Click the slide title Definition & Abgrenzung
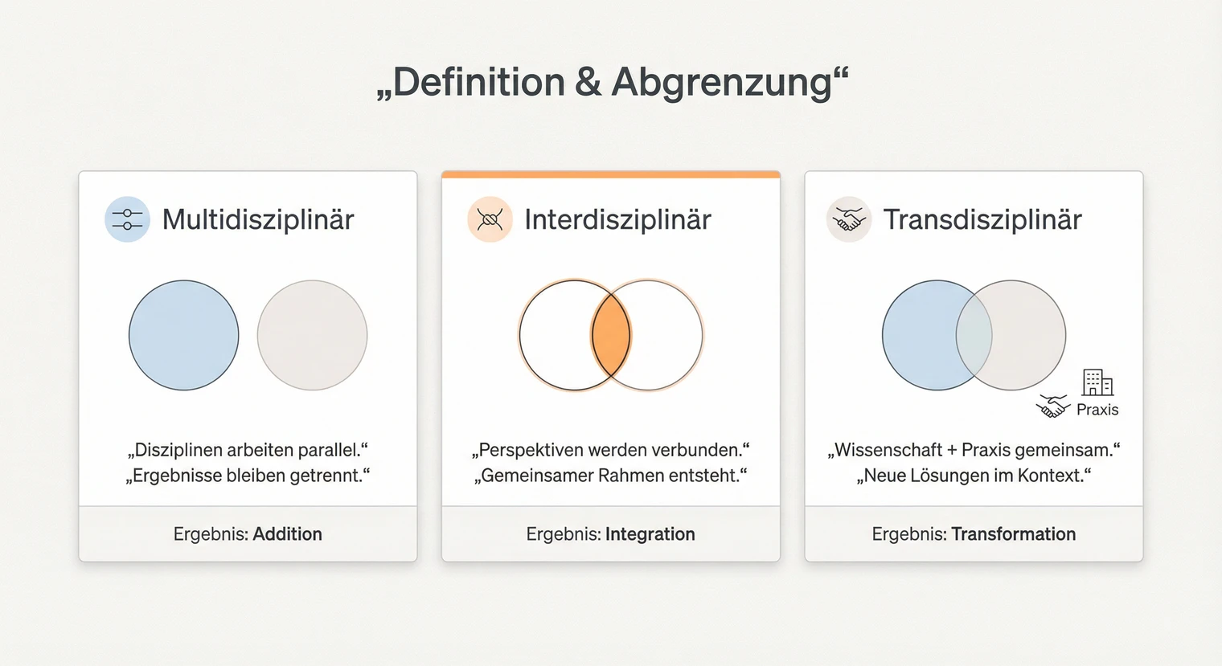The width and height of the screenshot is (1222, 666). pos(612,83)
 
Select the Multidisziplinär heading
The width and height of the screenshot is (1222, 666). pos(257,219)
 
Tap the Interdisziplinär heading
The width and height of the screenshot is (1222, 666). pos(617,219)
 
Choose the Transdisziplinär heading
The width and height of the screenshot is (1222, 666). pos(982,219)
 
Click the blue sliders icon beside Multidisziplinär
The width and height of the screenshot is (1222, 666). pos(127,219)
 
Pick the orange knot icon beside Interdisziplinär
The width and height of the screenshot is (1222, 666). pos(490,219)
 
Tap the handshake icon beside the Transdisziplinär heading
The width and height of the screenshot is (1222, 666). pos(849,219)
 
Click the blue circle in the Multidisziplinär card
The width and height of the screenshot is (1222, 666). pos(184,335)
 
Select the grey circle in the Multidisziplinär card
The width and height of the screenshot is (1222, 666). pos(312,335)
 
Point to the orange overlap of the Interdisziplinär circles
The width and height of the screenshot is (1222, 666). pos(611,335)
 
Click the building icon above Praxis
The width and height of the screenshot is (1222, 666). pos(1097,382)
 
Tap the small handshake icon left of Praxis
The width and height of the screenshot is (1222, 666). pos(1052,407)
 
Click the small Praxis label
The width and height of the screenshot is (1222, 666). pos(1097,410)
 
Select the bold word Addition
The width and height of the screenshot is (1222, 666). pos(287,534)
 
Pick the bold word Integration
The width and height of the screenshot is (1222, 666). pos(650,534)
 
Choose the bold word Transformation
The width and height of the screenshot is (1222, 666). pos(1013,534)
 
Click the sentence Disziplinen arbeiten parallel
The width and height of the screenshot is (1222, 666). pos(248,450)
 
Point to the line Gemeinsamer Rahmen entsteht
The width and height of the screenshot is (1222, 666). pos(610,476)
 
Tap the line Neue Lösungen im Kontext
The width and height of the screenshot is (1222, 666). pos(974,476)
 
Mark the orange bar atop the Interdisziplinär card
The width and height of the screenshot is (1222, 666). pos(610,174)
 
